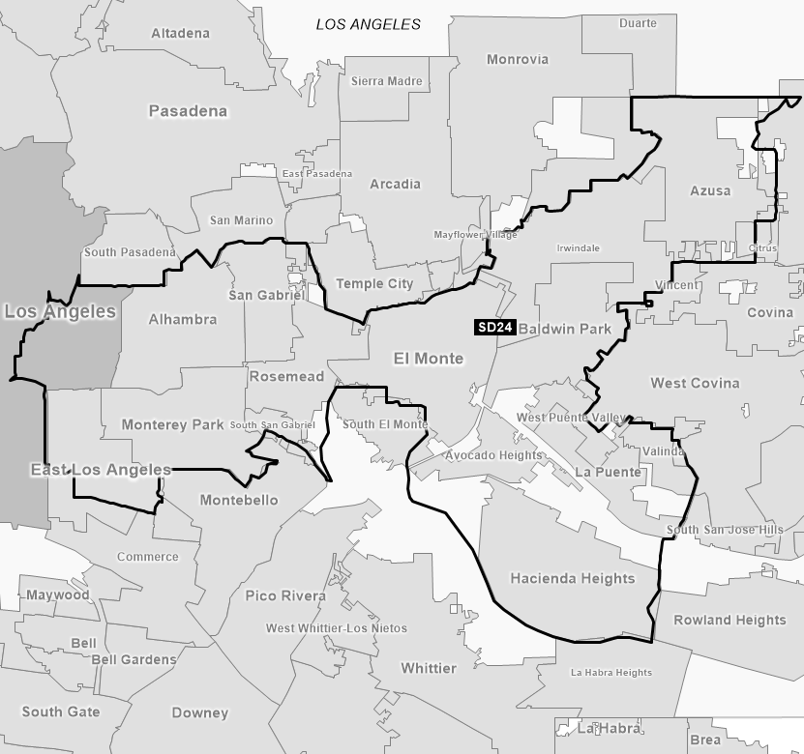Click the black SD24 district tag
[495, 328]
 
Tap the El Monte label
[428, 359]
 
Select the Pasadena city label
[188, 111]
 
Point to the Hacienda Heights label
[572, 579]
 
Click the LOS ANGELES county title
[369, 24]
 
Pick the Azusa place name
[710, 190]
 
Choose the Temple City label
[373, 284]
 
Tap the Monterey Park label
[172, 424]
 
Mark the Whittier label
[428, 668]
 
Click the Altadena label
[180, 34]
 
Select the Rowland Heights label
[730, 620]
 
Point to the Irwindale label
[578, 248]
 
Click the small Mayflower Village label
[475, 235]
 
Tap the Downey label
[199, 713]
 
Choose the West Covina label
[695, 383]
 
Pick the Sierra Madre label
[386, 81]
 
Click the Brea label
[705, 739]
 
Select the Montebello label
[238, 500]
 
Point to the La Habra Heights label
[610, 673]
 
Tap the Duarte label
[637, 23]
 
